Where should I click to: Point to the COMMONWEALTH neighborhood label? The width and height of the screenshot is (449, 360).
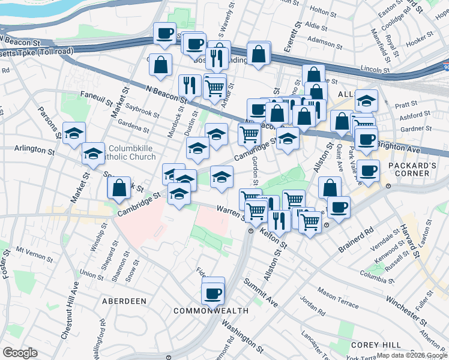(x=211, y=311)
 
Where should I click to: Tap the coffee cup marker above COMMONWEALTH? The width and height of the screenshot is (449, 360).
(x=213, y=293)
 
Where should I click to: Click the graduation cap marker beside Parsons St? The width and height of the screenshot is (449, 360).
(x=74, y=133)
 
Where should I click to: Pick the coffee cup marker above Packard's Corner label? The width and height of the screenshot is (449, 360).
(x=368, y=170)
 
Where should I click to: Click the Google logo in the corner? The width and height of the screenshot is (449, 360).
(x=20, y=353)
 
